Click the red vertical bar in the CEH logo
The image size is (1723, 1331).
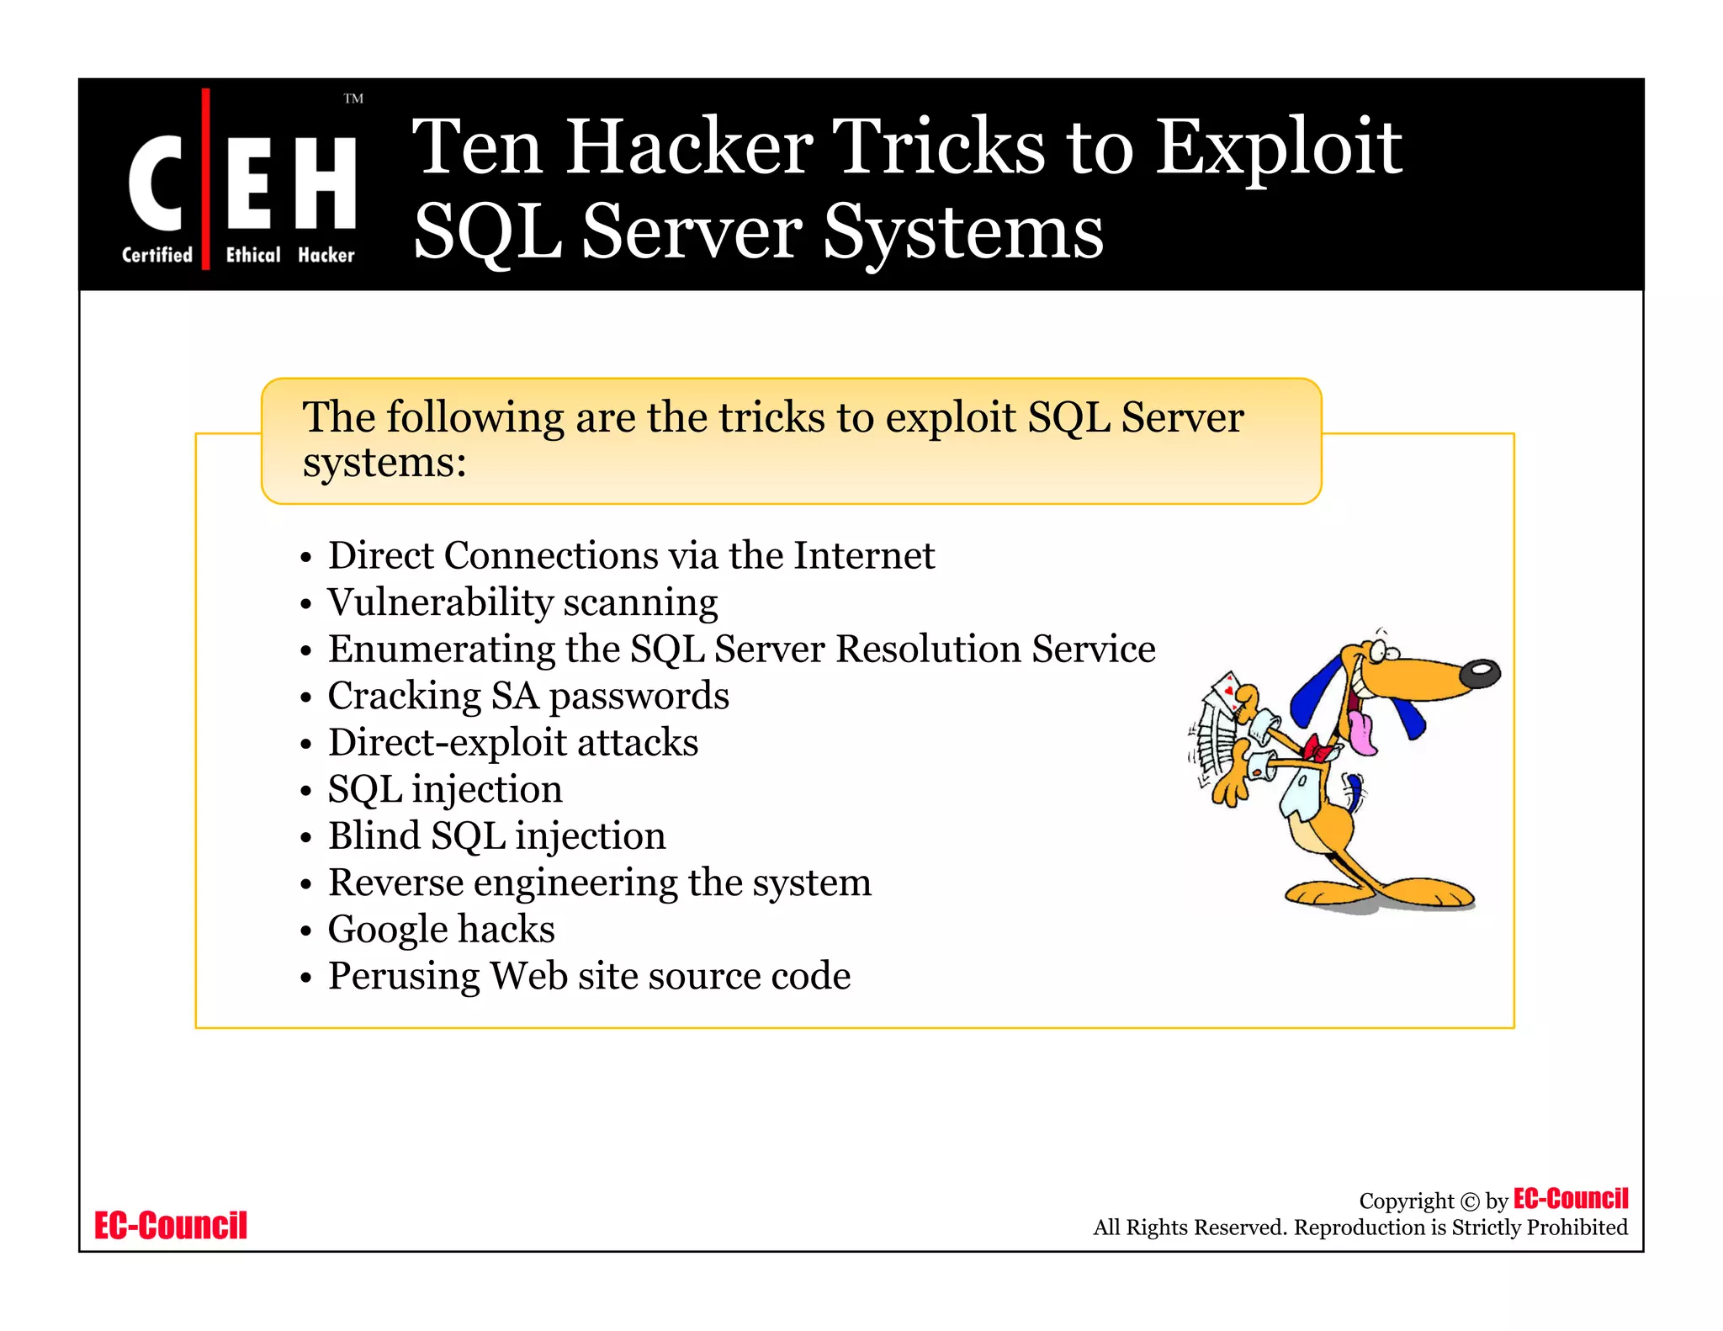tap(205, 178)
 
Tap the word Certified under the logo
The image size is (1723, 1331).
tap(157, 255)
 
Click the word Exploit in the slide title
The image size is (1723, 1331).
tap(1278, 149)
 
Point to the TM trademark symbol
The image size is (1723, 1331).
tap(353, 99)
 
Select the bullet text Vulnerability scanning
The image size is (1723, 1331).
tap(522, 602)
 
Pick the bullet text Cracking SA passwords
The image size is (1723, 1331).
tap(528, 696)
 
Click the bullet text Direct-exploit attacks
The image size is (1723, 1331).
tap(513, 742)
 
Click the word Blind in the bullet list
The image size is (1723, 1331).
tap(374, 835)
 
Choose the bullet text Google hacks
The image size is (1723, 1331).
tap(442, 929)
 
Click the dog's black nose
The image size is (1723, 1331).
tap(1480, 673)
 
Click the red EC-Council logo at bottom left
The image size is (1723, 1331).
tap(171, 1226)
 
